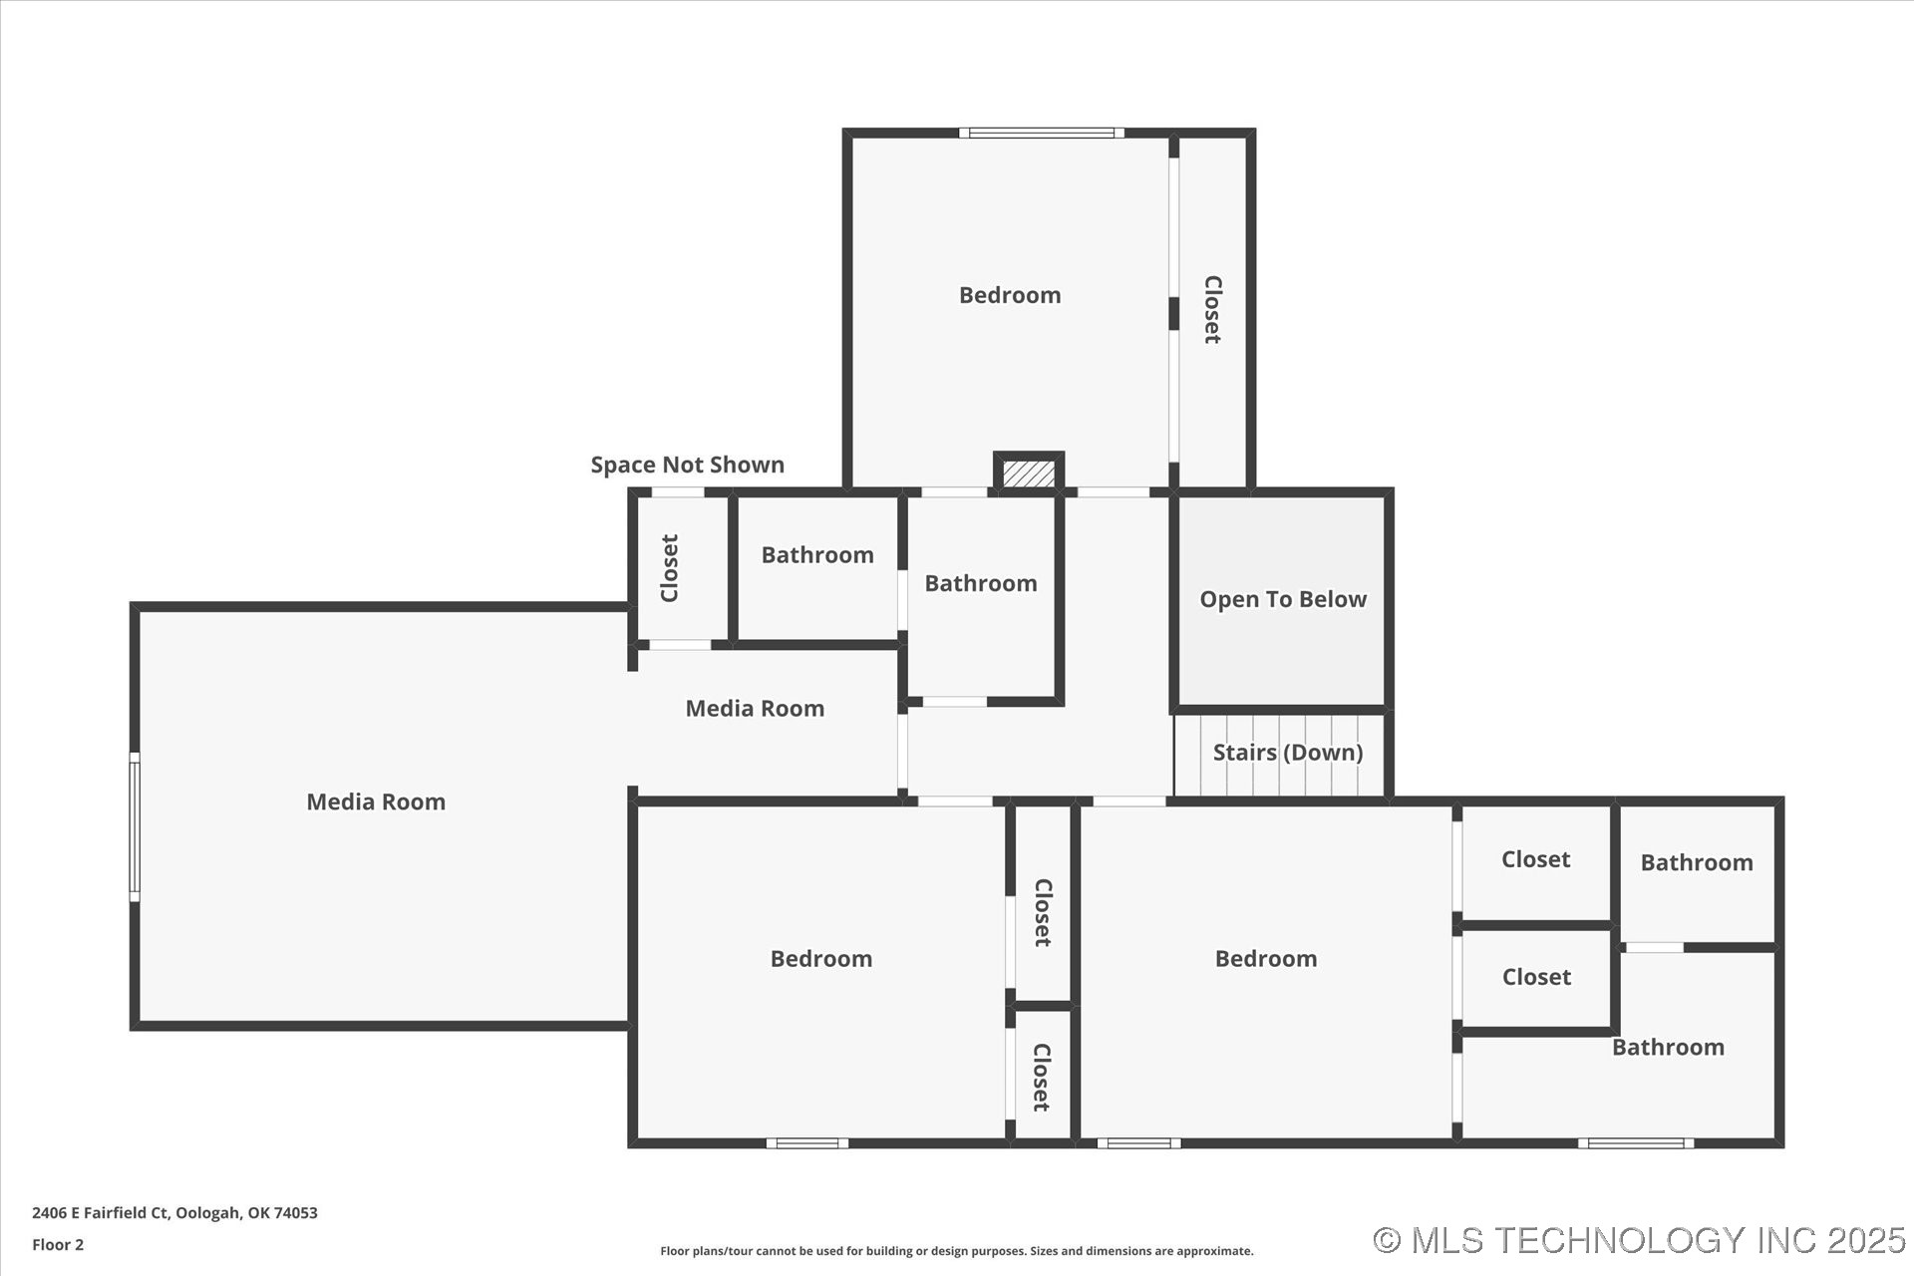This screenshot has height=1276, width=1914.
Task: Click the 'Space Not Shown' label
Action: click(687, 465)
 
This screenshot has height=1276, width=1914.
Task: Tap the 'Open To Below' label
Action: click(1282, 599)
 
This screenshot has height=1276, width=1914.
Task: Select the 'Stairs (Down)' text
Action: click(1287, 753)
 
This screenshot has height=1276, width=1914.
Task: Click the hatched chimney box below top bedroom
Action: click(1028, 473)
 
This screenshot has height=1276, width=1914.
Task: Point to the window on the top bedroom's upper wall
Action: click(1041, 133)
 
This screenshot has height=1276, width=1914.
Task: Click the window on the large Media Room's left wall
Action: click(135, 827)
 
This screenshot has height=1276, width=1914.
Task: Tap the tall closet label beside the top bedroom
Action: click(1212, 310)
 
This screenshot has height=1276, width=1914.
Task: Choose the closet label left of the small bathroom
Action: click(670, 568)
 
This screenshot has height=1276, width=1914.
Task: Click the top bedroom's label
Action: click(1009, 295)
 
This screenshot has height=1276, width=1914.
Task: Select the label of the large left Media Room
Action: click(375, 801)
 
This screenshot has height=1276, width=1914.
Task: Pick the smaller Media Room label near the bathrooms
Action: click(755, 709)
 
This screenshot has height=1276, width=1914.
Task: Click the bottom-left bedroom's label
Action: click(820, 959)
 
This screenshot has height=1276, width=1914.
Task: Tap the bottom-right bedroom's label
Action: click(1265, 959)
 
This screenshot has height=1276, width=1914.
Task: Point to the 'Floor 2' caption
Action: click(58, 1245)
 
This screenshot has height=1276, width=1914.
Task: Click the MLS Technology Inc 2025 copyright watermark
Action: click(1639, 1240)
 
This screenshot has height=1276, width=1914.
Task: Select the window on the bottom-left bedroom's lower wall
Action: click(807, 1143)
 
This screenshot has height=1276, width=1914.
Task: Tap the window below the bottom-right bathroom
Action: click(1635, 1143)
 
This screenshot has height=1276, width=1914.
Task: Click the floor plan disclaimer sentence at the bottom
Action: click(956, 1251)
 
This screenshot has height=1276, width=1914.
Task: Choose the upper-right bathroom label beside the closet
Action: click(1696, 863)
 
